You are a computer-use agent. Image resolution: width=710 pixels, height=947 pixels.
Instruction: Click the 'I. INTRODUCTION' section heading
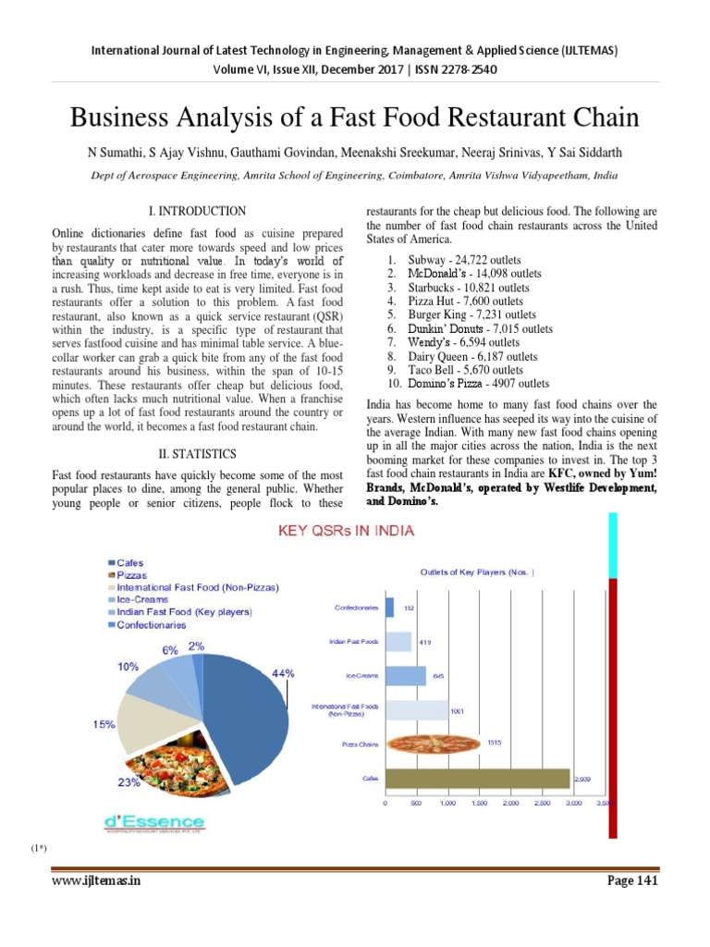tap(197, 212)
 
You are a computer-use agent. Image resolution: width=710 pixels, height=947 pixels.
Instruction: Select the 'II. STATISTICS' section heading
tap(197, 453)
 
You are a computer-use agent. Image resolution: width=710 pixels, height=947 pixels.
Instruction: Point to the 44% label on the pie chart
tap(283, 674)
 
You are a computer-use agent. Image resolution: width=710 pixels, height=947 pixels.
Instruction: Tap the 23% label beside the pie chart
tap(129, 782)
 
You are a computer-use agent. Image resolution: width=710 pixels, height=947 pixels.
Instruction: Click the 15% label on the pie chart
tap(103, 724)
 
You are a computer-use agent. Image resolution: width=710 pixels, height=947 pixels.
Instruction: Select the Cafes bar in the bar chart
tap(477, 778)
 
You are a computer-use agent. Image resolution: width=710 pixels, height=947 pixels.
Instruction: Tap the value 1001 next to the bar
tap(457, 711)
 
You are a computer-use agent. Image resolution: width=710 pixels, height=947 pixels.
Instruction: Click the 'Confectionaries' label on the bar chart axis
tap(356, 608)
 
